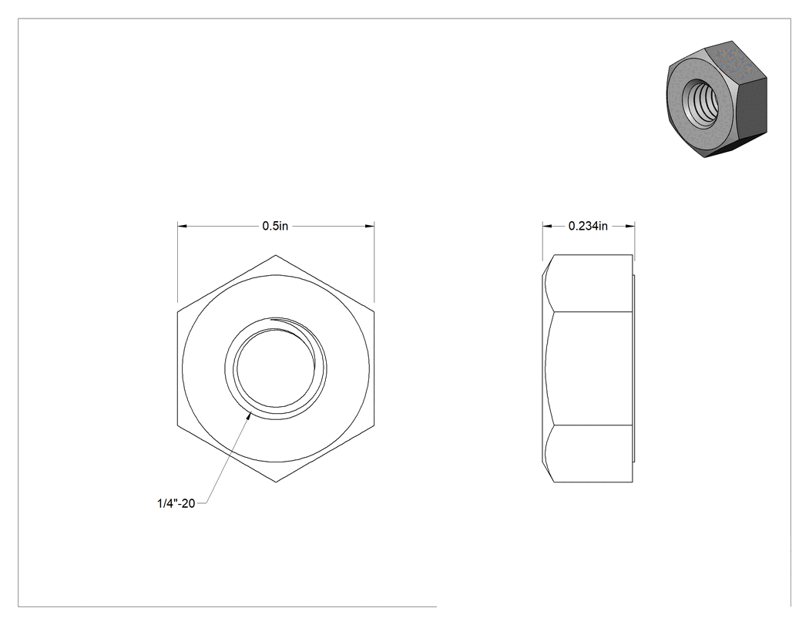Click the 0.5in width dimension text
(275, 226)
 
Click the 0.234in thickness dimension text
(588, 226)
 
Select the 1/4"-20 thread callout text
(176, 503)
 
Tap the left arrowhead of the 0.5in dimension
(182, 226)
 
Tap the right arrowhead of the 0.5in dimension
(370, 226)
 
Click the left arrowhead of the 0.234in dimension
(547, 226)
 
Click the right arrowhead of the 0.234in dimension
(630, 226)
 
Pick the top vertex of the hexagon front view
(276, 255)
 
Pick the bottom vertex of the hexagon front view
(276, 482)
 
